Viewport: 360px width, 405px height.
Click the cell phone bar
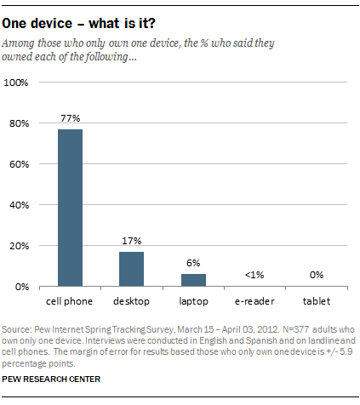tap(70, 208)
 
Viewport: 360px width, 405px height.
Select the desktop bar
tap(131, 269)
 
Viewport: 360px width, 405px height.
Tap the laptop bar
tap(193, 280)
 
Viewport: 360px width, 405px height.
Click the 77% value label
tap(71, 118)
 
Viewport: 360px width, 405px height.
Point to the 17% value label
tap(132, 241)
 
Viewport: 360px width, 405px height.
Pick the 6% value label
tap(193, 263)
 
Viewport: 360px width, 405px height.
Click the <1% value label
tap(254, 275)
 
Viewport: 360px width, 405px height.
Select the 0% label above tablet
tap(317, 275)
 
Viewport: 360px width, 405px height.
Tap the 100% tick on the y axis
tap(16, 83)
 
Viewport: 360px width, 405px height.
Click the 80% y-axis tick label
tap(19, 123)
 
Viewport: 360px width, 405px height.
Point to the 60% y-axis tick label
tap(19, 164)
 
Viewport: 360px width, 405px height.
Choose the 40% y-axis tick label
tap(19, 205)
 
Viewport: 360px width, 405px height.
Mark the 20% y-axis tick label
tap(19, 246)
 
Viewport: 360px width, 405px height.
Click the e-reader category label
tap(254, 301)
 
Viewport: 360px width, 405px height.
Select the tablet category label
tap(317, 301)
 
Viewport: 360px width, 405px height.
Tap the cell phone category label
tap(70, 301)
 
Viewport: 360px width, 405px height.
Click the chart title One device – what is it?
tap(78, 23)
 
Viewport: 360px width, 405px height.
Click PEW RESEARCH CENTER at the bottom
tap(51, 379)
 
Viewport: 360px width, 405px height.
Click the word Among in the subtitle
tap(19, 43)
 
